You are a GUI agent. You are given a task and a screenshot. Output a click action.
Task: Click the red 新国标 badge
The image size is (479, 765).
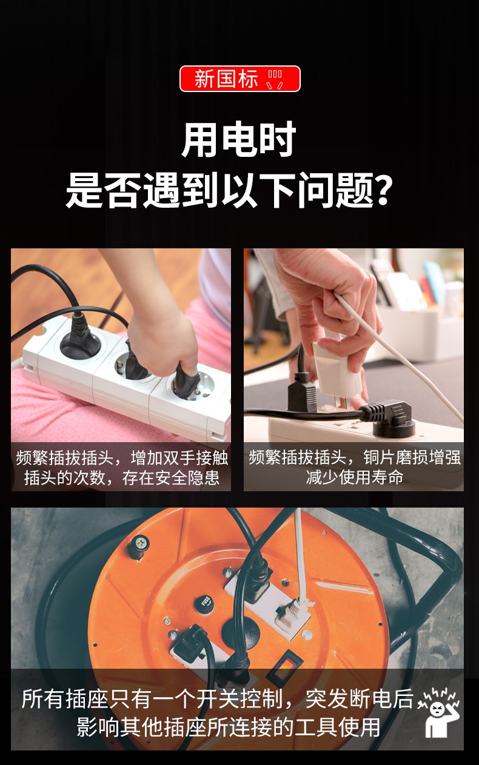(239, 79)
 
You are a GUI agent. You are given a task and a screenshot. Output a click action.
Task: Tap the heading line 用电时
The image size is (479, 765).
(239, 139)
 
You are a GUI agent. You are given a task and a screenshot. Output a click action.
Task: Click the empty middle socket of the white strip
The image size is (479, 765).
(132, 366)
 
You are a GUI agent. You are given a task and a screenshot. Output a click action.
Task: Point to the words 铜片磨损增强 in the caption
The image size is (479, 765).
(412, 457)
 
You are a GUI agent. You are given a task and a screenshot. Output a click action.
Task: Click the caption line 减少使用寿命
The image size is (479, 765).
(355, 477)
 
